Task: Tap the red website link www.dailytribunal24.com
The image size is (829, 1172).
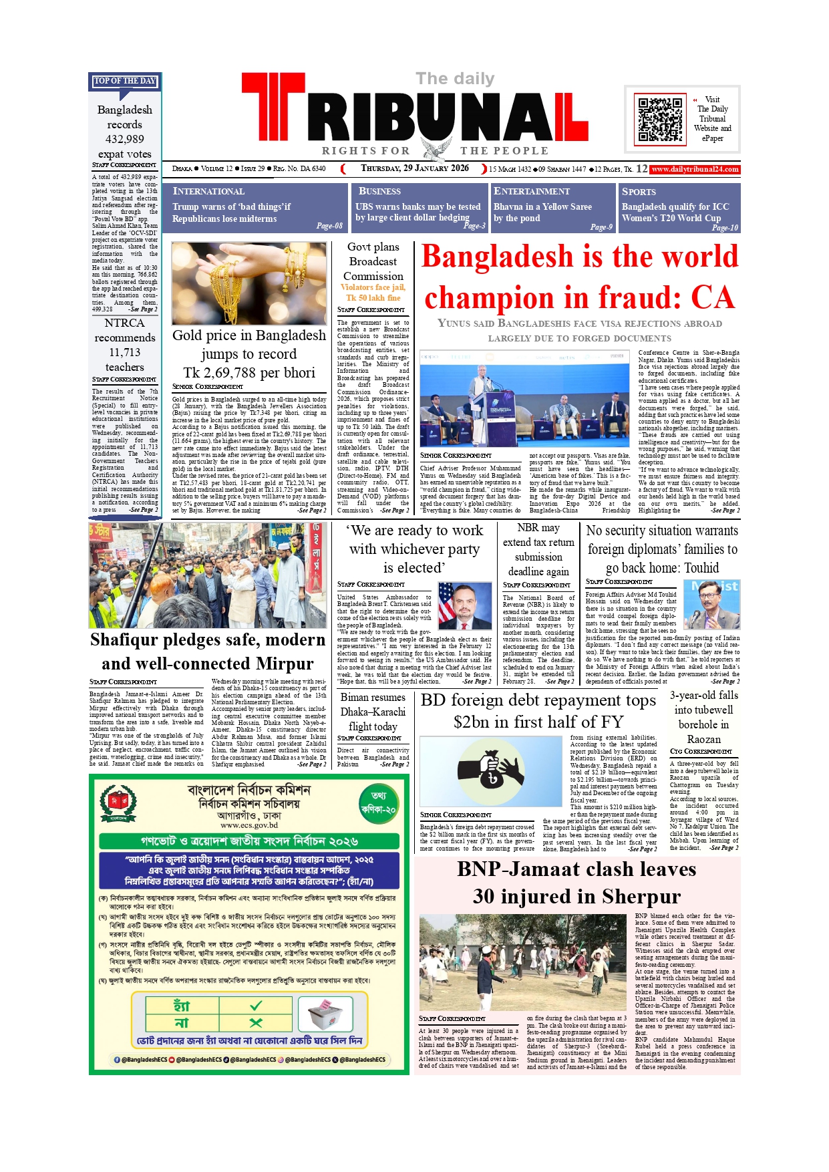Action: (695, 169)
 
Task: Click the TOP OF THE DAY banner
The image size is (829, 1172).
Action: (125, 81)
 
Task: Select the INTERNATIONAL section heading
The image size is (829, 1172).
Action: (208, 191)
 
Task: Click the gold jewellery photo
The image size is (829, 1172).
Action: (248, 283)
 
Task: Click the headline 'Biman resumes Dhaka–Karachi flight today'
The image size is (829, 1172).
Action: (373, 712)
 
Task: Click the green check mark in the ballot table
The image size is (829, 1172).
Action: (256, 1006)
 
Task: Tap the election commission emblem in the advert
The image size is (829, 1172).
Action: (118, 803)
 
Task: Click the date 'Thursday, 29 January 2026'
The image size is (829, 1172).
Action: (415, 168)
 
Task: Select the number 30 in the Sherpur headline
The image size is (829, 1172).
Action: (486, 896)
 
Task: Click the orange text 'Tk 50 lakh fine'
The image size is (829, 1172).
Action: (373, 297)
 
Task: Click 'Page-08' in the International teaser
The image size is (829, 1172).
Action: (329, 226)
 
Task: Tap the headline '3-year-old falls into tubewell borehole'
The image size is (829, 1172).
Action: (704, 716)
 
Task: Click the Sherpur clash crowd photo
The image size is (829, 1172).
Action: (524, 963)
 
